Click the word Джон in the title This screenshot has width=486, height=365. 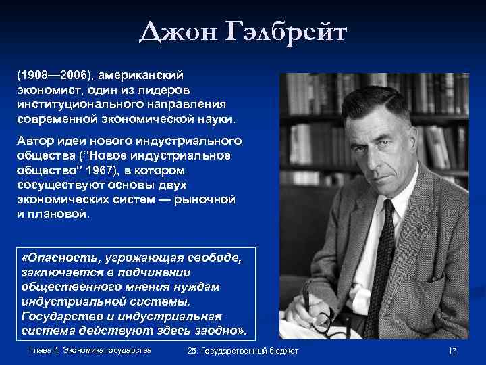pyautogui.click(x=180, y=32)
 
